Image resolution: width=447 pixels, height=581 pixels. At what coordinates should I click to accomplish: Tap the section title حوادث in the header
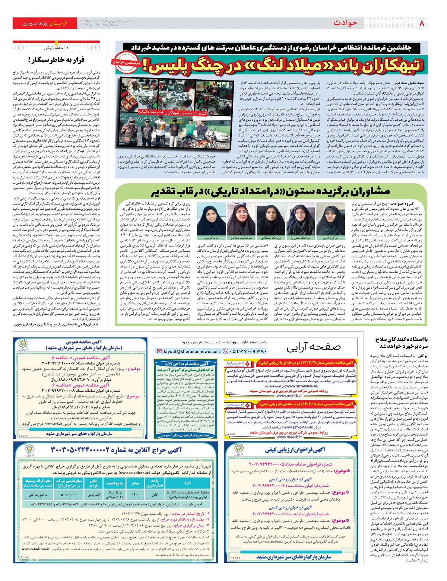(345, 23)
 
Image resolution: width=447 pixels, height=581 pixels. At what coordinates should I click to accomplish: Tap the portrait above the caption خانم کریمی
(211, 219)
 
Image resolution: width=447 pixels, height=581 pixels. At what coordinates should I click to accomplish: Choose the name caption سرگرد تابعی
(331, 237)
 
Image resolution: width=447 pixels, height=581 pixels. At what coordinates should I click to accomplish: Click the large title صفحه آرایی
(313, 347)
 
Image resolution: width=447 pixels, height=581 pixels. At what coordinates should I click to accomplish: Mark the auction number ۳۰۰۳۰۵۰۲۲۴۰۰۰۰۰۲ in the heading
(80, 450)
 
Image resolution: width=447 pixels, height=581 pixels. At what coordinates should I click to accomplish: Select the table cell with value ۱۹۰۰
(135, 495)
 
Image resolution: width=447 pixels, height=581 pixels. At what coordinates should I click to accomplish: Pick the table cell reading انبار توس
(93, 495)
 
